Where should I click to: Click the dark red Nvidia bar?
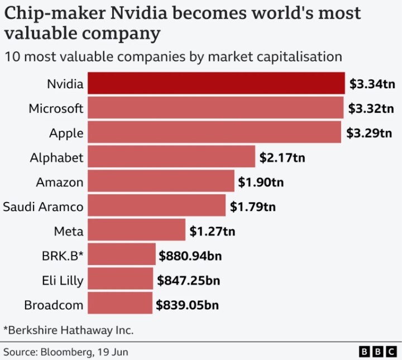pos(216,84)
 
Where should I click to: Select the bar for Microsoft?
pos(215,108)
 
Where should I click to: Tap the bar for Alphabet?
pos(171,157)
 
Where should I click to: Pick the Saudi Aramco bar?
pos(157,207)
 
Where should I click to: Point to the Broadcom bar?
pos(120,304)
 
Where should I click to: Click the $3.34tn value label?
pos(372,84)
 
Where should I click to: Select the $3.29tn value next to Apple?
pos(369,133)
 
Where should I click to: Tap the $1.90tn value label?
pos(261,182)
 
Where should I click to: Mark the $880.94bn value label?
pos(190,256)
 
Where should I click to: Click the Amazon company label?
pos(60,182)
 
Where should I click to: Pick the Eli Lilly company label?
pos(63,280)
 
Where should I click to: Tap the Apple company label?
pos(66,133)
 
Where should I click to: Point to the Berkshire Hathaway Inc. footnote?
pos(69,330)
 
